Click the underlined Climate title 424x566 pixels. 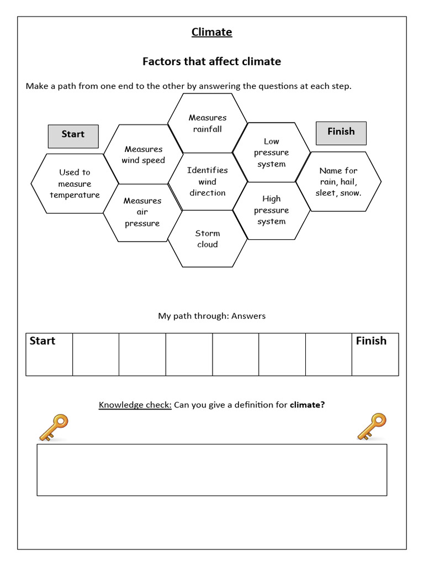click(x=211, y=32)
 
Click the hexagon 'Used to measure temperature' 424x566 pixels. click(x=75, y=184)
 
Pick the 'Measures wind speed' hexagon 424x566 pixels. click(x=144, y=155)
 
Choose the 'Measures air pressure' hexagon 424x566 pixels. click(x=142, y=212)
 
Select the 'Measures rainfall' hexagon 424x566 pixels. click(x=208, y=123)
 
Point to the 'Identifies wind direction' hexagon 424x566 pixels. click(x=208, y=181)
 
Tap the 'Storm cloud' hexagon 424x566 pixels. click(x=208, y=239)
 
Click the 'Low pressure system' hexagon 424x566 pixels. click(x=272, y=153)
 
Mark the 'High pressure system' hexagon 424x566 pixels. click(x=272, y=210)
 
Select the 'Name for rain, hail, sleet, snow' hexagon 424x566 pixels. click(x=338, y=182)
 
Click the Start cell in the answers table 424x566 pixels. click(x=49, y=354)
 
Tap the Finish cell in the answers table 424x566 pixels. click(x=375, y=354)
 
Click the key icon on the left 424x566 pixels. click(x=53, y=427)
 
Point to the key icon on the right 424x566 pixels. click(x=372, y=427)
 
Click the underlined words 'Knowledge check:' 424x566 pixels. click(x=135, y=405)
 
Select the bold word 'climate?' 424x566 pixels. click(x=308, y=405)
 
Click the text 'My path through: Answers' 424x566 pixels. click(x=211, y=316)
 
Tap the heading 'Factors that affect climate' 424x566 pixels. click(x=211, y=61)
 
